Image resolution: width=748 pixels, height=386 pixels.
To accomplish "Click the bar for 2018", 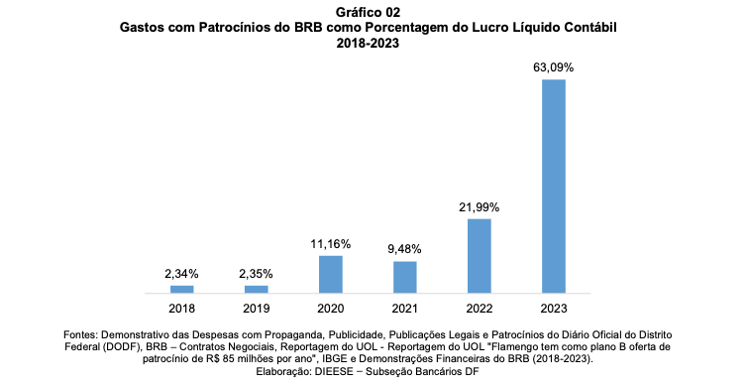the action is [181, 289].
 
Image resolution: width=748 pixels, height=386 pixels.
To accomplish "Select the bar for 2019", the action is [257, 289].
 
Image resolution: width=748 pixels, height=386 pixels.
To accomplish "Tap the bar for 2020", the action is [331, 274].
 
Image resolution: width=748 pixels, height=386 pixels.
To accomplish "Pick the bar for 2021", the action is [405, 277].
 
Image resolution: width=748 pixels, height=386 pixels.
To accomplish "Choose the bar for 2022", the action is [480, 256].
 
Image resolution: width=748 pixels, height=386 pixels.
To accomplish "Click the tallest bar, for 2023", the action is [554, 187].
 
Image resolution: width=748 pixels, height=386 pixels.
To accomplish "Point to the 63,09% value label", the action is [554, 67].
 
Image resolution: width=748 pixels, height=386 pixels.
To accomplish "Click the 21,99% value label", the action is [479, 207].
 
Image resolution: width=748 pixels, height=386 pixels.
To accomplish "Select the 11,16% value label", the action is [331, 244].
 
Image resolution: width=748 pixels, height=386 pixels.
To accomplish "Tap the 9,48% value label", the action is [404, 249].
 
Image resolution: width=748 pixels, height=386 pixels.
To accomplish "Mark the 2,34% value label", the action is [181, 274].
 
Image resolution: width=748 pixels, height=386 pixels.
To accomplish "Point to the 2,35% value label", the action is [257, 274].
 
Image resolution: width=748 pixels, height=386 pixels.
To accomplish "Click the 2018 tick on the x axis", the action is [181, 309].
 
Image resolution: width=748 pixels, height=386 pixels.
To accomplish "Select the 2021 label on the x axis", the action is [405, 309].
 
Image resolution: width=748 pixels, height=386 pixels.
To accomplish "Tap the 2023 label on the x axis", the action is [554, 309].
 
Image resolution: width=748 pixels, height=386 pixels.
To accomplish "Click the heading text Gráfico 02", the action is [368, 12].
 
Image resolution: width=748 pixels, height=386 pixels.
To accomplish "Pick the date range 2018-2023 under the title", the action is [368, 43].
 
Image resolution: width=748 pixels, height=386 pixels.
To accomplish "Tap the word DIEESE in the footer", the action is [332, 371].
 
